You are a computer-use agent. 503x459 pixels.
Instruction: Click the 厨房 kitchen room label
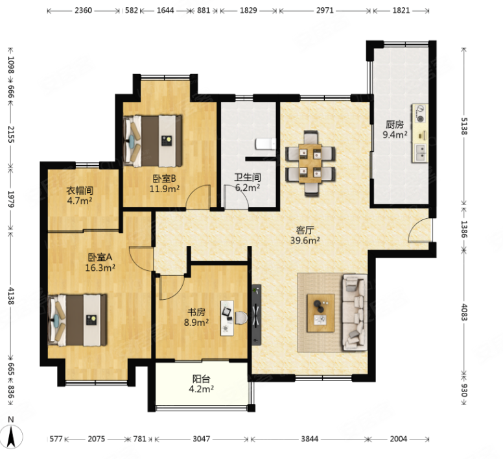click(x=395, y=124)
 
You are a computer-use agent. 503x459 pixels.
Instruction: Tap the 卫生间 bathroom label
click(x=248, y=177)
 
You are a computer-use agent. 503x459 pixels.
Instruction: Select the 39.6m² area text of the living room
click(x=305, y=240)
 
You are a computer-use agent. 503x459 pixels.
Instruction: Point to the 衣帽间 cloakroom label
click(x=80, y=190)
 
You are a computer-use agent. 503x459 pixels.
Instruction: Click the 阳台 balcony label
click(x=201, y=379)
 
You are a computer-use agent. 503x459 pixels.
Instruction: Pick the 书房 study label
click(x=196, y=312)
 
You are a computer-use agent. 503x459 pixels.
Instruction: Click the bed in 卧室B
click(x=153, y=141)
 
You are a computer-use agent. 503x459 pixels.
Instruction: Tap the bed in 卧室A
click(x=77, y=320)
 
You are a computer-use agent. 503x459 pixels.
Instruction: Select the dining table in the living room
click(x=310, y=164)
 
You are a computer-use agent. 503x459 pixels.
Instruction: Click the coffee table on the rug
click(x=320, y=313)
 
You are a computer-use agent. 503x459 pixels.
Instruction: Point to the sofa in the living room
click(x=355, y=312)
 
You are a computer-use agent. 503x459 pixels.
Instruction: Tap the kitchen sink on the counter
click(x=420, y=153)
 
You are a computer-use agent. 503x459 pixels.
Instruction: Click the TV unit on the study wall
click(x=256, y=315)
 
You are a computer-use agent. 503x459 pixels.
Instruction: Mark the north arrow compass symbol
click(x=12, y=436)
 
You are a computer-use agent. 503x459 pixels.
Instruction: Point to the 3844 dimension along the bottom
click(x=310, y=439)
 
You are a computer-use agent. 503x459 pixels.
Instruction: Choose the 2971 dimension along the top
click(x=325, y=10)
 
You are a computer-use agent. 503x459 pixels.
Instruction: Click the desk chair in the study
click(x=241, y=317)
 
